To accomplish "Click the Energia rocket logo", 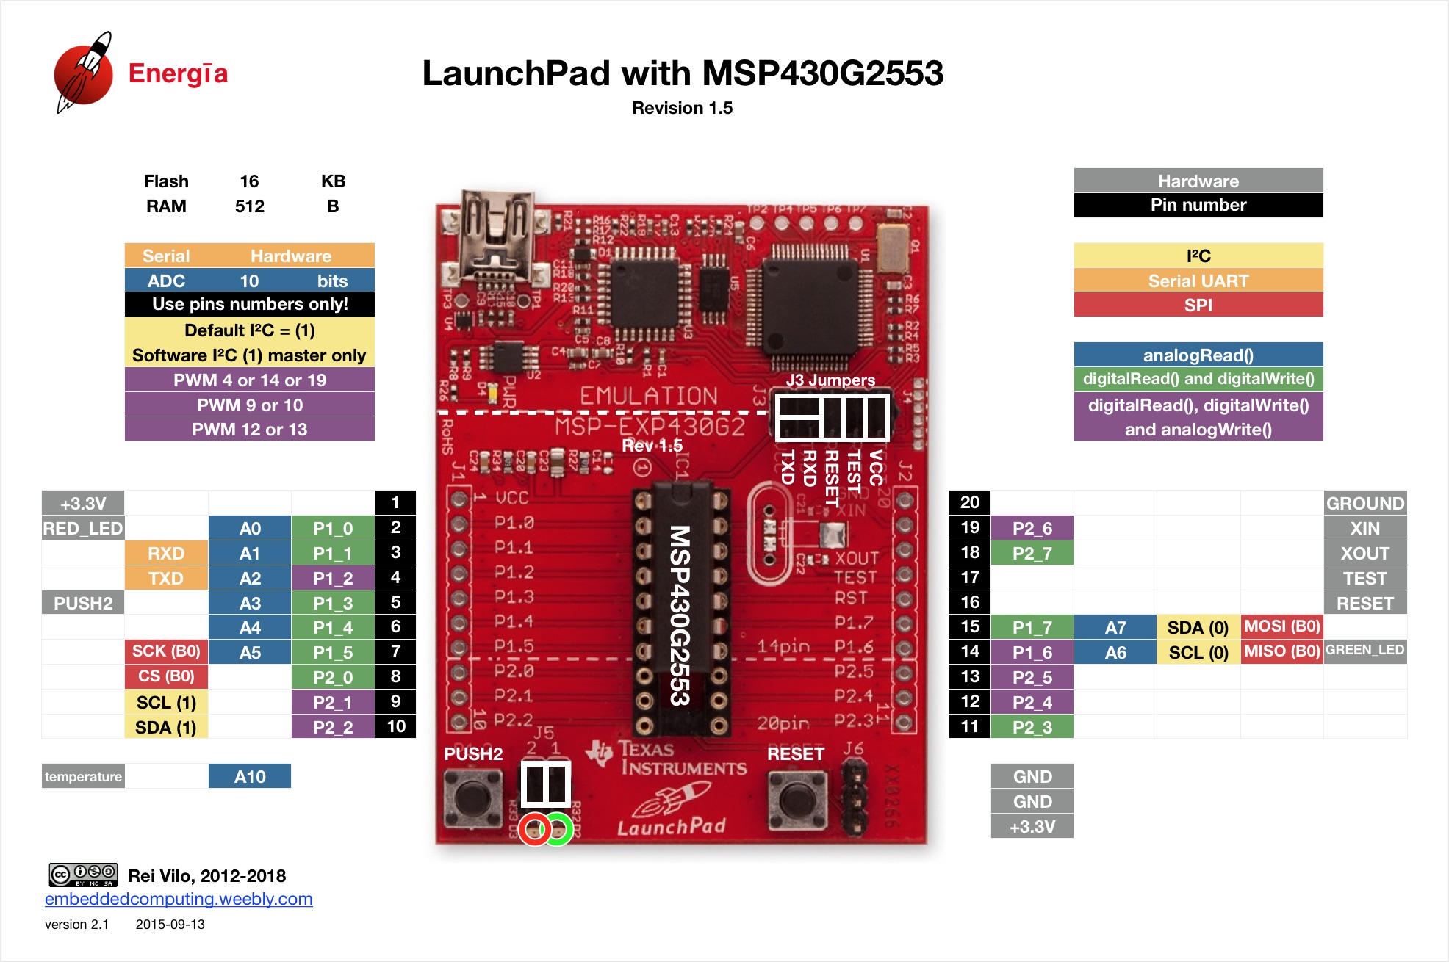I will click(x=83, y=73).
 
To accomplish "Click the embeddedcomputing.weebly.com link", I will click(x=179, y=899).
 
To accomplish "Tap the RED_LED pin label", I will click(x=83, y=528).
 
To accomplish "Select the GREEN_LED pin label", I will click(x=1365, y=651).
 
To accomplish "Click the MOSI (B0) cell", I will click(x=1282, y=626).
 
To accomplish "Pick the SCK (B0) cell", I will click(x=166, y=651).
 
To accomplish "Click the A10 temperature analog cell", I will click(x=250, y=776).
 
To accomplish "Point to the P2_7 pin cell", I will click(x=1032, y=553).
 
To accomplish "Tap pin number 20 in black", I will click(x=970, y=502).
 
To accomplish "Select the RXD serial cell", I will click(x=166, y=553).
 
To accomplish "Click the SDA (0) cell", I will click(x=1198, y=627).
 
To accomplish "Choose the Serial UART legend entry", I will click(x=1198, y=281).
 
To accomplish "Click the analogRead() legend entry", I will click(x=1198, y=355).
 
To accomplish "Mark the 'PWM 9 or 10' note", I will click(x=250, y=405).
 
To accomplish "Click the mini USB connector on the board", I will click(x=497, y=235).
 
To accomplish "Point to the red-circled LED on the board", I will click(x=535, y=830).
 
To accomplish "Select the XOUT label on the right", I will click(x=1365, y=553).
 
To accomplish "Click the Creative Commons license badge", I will click(x=83, y=875).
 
